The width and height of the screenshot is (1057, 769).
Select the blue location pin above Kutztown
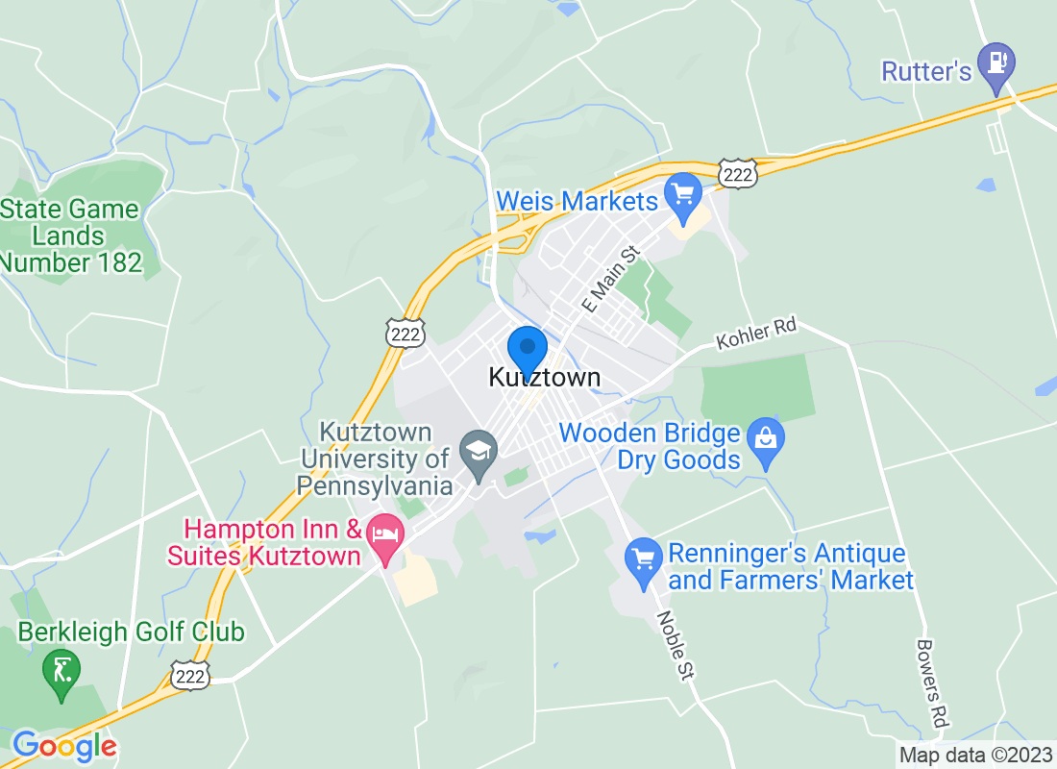coord(527,348)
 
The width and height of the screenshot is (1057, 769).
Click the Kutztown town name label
coord(545,378)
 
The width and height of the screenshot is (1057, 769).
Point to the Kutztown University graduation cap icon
coord(478,450)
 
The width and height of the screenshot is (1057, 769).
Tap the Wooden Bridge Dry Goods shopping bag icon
coord(766,440)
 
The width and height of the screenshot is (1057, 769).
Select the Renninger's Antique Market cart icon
coord(640,558)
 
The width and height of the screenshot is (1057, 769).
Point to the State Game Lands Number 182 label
coord(71,236)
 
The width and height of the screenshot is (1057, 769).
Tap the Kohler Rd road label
coord(756,335)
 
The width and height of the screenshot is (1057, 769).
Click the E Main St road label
coord(611,278)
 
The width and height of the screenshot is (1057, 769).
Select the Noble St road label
coord(676,646)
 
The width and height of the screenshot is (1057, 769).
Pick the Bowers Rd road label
coord(929,683)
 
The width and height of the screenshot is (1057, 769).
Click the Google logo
coord(63,745)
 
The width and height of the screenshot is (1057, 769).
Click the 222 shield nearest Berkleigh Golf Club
coord(191,676)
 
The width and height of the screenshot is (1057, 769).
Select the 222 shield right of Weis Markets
coord(738,172)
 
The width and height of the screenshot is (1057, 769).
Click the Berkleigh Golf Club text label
coord(132,633)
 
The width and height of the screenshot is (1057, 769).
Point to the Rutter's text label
coord(926,71)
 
